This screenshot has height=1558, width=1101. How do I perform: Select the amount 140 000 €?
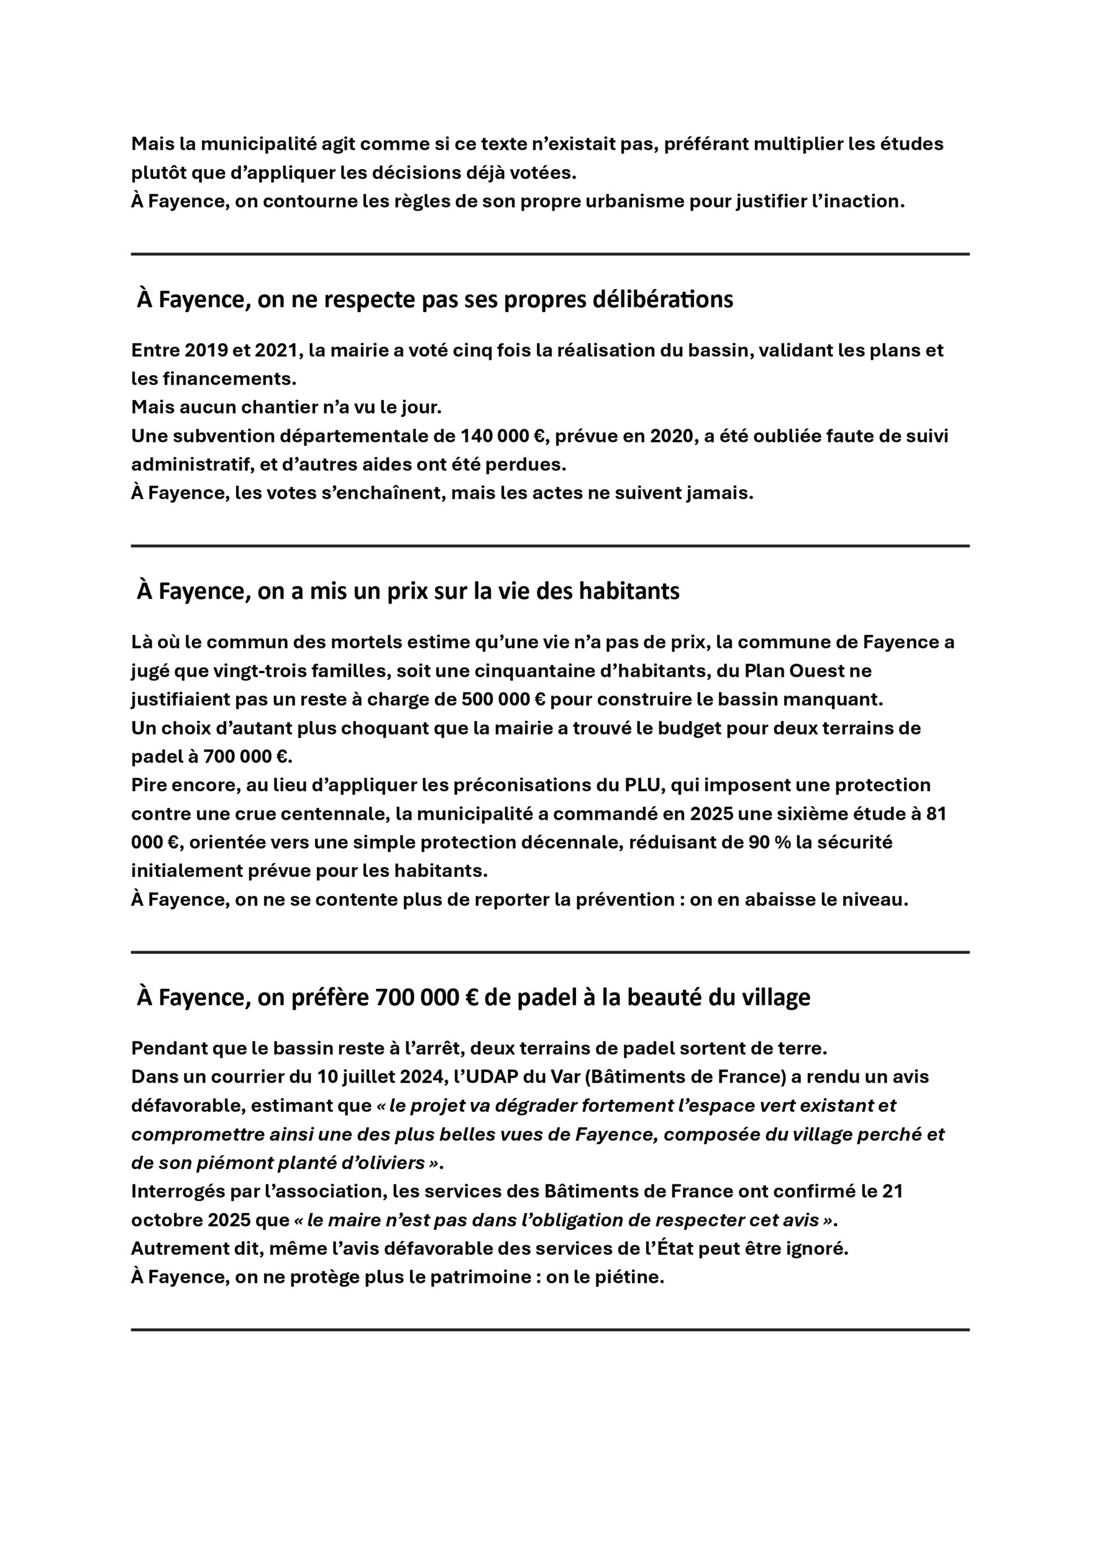(x=502, y=436)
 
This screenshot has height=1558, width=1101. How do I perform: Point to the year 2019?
(x=207, y=350)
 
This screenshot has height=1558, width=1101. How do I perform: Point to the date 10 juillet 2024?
(x=381, y=1076)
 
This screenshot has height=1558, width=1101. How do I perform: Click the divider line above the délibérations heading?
(x=550, y=254)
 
